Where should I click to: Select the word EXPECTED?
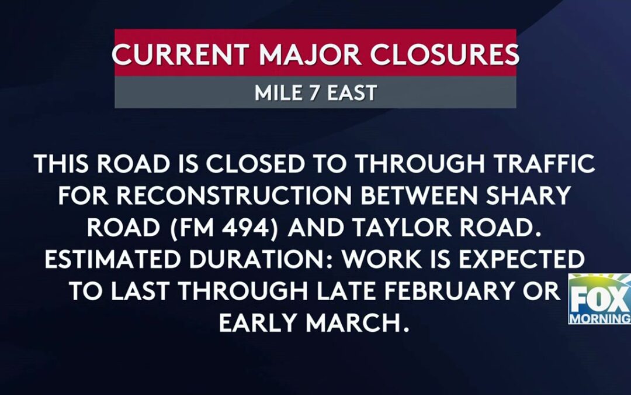click(520, 260)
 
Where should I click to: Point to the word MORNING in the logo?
click(601, 318)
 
